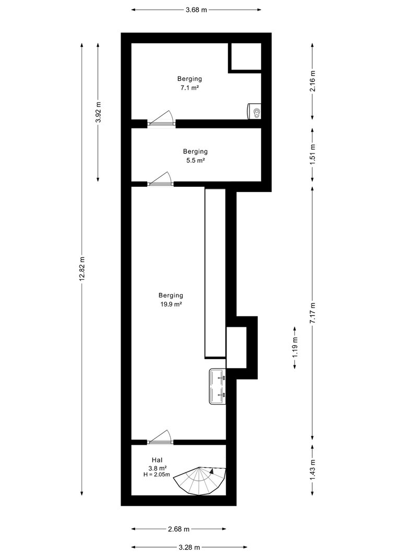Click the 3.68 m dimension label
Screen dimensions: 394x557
[x=196, y=10]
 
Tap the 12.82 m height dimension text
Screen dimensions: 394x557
[x=82, y=268]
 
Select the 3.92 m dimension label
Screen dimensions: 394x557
[x=98, y=112]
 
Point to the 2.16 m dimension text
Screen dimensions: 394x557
[x=313, y=81]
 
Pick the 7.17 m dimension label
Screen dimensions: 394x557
[x=313, y=313]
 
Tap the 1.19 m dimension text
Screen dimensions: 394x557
[x=295, y=348]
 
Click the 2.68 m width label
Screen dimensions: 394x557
[x=178, y=529]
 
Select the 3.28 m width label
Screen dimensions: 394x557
[x=189, y=548]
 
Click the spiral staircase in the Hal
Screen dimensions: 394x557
[x=200, y=481]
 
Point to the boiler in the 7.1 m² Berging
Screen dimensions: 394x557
[x=254, y=111]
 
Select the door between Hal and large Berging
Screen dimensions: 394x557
[x=160, y=437]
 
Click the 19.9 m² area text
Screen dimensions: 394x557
[x=170, y=304]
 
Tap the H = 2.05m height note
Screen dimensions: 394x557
[x=157, y=475]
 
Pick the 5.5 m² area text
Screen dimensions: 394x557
[x=196, y=160]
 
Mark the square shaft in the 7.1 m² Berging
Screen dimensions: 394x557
[x=245, y=57]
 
